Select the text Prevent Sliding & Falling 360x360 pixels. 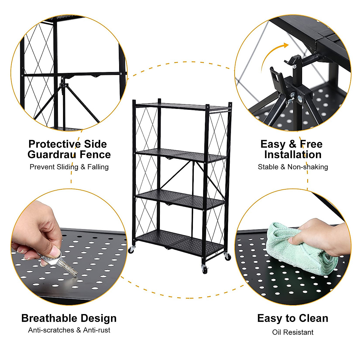[x=69, y=167]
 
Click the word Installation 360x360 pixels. [x=292, y=154]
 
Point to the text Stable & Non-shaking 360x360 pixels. [x=292, y=167]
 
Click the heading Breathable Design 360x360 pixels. [x=69, y=318]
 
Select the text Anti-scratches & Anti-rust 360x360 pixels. [x=69, y=330]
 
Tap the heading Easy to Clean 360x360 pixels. [x=292, y=318]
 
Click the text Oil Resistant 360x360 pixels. [x=292, y=332]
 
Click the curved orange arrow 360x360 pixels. [x=271, y=55]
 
